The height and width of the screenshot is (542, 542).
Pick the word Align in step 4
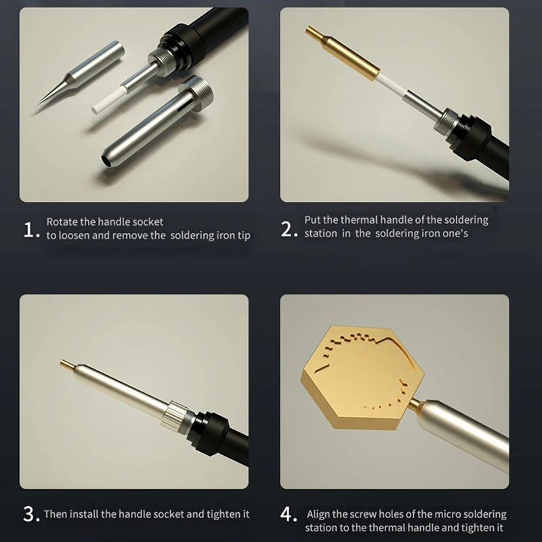click(318, 514)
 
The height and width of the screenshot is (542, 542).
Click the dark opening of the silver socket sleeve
click(107, 161)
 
